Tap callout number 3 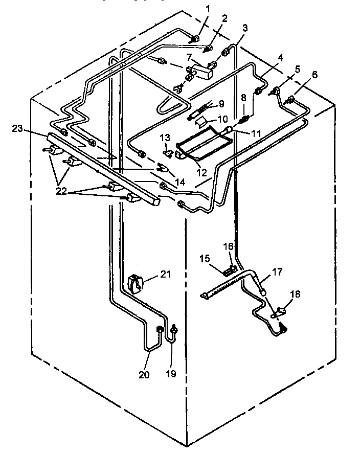(x=245, y=29)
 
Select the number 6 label (x=314, y=75)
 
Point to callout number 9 (x=221, y=104)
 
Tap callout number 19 (x=171, y=374)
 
